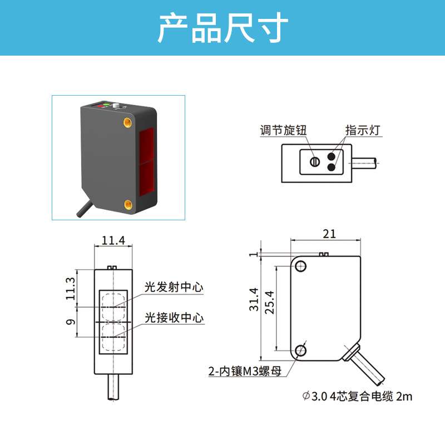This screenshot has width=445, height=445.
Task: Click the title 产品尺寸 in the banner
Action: tap(222, 27)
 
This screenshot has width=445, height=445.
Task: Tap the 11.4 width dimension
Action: tap(113, 241)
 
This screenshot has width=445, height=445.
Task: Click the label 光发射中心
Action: tap(174, 288)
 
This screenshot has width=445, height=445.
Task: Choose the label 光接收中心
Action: tap(174, 318)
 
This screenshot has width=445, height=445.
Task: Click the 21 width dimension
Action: tap(329, 234)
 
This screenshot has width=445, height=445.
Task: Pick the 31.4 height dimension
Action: tap(254, 299)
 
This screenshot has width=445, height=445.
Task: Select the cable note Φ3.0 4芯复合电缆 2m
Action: tap(357, 397)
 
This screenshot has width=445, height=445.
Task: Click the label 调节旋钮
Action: tap(284, 131)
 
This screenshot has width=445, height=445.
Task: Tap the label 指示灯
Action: tap(362, 131)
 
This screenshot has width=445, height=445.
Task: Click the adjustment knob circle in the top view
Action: tap(315, 162)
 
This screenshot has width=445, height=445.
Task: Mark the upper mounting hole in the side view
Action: tap(301, 266)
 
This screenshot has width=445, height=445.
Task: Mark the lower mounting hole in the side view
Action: tap(301, 350)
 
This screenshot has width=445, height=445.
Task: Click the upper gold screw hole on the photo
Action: tap(127, 121)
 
